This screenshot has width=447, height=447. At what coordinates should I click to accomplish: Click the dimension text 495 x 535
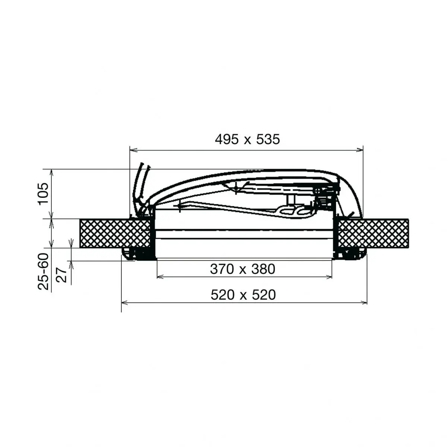(x=247, y=140)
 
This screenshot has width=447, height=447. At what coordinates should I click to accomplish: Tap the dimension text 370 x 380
(x=242, y=269)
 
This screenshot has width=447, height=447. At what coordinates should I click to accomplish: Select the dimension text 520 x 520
(x=243, y=295)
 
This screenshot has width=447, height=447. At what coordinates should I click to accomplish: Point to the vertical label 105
(x=43, y=194)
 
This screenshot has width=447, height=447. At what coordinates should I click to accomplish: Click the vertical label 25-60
(x=43, y=272)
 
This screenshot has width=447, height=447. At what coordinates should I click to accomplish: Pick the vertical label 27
(x=62, y=275)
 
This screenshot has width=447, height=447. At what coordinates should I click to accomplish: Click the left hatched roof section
(x=115, y=233)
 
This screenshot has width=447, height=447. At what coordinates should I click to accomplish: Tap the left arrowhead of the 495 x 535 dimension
(x=133, y=150)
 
